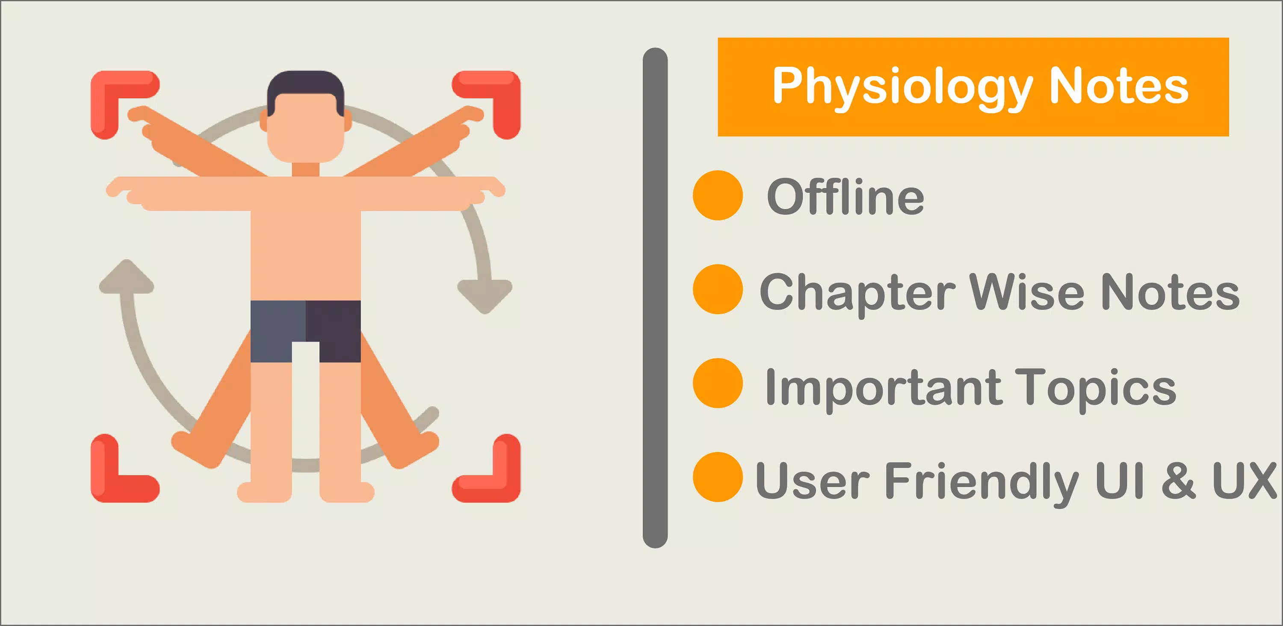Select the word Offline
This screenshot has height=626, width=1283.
pos(845,197)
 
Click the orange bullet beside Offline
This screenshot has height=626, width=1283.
pos(718,195)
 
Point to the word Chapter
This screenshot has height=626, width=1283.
pos(857,293)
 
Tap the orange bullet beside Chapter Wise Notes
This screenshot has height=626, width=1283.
pos(718,289)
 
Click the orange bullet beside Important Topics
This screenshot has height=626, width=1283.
pos(718,383)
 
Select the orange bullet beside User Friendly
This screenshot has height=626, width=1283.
pos(718,477)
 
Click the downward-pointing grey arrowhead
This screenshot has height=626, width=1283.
pos(485,296)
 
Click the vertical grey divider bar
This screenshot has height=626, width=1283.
pos(655,298)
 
